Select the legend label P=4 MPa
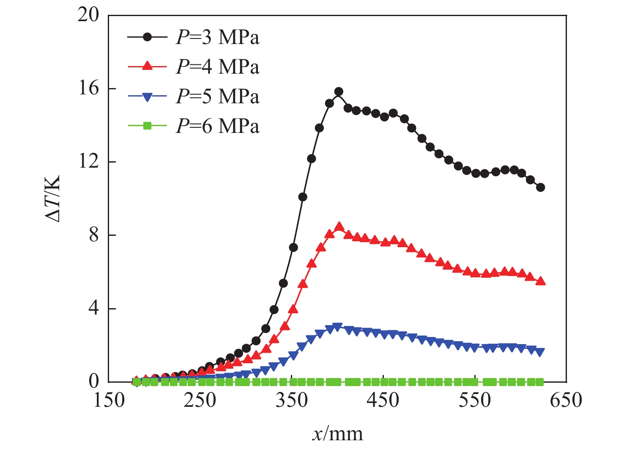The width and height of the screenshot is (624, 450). coord(217,67)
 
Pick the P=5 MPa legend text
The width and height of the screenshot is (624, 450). coord(217,97)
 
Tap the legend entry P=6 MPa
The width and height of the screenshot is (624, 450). coord(217,126)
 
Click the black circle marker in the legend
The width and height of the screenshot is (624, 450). coord(147,37)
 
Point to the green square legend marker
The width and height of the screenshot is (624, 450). coord(147,126)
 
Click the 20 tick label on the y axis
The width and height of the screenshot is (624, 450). coord(88,15)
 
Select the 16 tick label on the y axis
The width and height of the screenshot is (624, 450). coord(88,88)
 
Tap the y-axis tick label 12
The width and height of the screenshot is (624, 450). coord(88,162)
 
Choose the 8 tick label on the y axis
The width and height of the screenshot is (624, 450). coord(93,235)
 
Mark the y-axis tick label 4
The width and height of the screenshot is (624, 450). coord(93,309)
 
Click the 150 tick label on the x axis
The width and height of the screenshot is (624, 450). coord(109,400)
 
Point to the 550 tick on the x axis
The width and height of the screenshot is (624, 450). coord(475,400)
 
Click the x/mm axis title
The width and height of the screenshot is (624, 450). coord(337,434)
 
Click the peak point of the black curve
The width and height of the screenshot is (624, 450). coord(339,92)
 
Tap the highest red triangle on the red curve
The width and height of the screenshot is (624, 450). coord(339,227)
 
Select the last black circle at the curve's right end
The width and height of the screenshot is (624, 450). coord(540,187)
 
